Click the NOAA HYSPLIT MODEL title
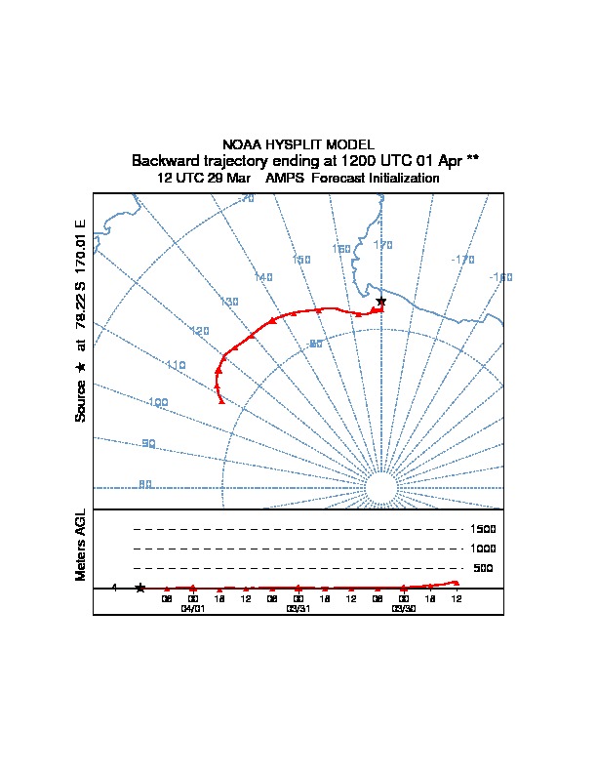pos(298,144)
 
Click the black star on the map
pos(381,301)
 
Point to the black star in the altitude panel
pos(140,588)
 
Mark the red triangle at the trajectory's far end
pos(221,400)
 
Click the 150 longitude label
pos(301,260)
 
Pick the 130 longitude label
pos(229,302)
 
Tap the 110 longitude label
pos(176,365)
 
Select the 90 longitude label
pos(148,443)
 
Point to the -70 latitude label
pos(246,198)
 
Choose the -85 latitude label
pos(315,344)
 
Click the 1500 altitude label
pos(483,529)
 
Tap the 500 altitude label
pos(483,568)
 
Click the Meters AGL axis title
pos(81,545)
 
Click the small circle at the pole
pos(381,487)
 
